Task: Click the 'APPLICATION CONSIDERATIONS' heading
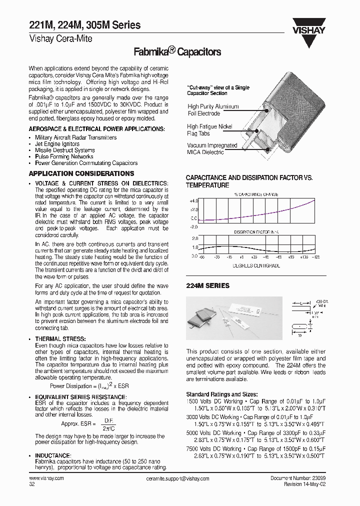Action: click(81, 173)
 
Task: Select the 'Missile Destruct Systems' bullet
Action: click(64, 150)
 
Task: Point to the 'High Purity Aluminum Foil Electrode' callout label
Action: click(213, 110)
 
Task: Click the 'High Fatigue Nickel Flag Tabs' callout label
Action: click(210, 130)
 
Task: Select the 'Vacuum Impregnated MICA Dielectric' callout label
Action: click(212, 148)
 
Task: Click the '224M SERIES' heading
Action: click(207, 286)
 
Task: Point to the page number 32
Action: click(32, 484)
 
